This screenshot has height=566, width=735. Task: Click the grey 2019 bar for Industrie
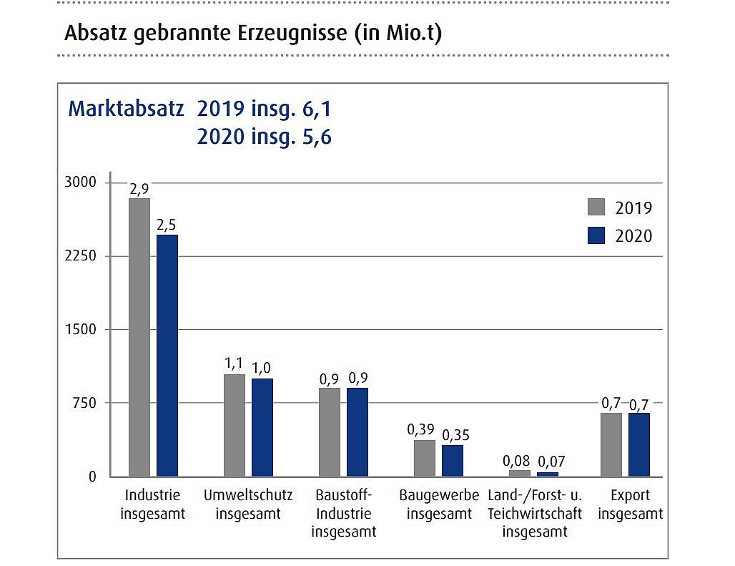pyautogui.click(x=139, y=336)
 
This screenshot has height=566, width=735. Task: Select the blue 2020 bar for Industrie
pyautogui.click(x=167, y=355)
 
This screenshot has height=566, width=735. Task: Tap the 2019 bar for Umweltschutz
pyautogui.click(x=235, y=425)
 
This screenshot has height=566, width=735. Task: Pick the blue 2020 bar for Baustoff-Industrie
pyautogui.click(x=357, y=431)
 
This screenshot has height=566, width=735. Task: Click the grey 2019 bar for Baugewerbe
pyautogui.click(x=425, y=458)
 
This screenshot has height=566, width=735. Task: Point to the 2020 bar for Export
pyautogui.click(x=639, y=444)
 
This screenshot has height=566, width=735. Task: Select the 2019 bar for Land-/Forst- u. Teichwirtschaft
pyautogui.click(x=520, y=473)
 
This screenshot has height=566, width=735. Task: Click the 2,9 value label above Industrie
pyautogui.click(x=139, y=190)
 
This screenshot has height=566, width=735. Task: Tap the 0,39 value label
pyautogui.click(x=421, y=430)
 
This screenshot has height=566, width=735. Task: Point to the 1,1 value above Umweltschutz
pyautogui.click(x=234, y=364)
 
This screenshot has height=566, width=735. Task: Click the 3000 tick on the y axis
pyautogui.click(x=81, y=182)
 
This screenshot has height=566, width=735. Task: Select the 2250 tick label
pyautogui.click(x=81, y=256)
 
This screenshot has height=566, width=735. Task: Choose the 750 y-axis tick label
pyautogui.click(x=85, y=403)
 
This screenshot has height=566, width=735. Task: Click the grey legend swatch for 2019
pyautogui.click(x=596, y=207)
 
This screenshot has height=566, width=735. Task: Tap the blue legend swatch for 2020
pyautogui.click(x=596, y=235)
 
